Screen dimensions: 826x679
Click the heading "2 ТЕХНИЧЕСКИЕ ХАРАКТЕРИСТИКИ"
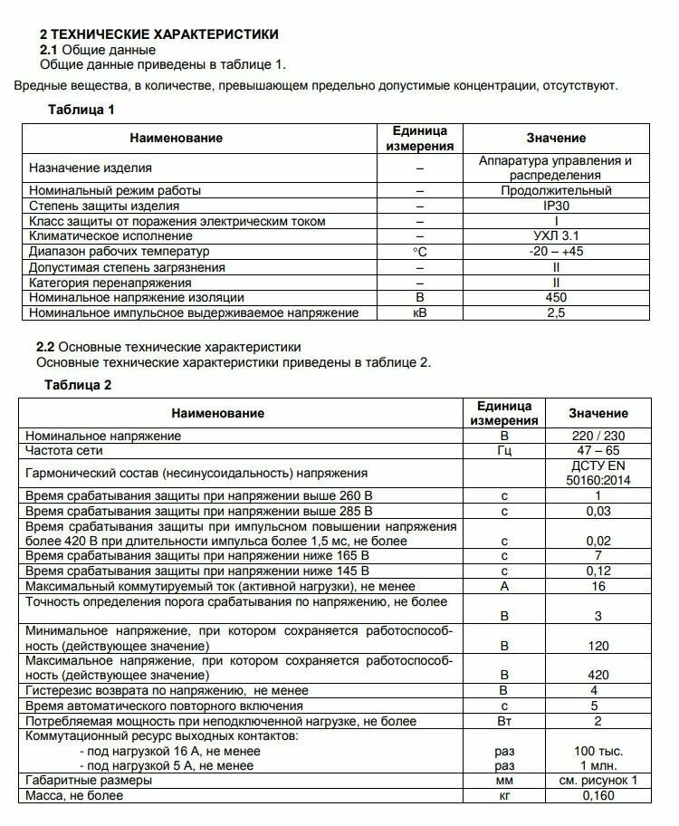click(158, 34)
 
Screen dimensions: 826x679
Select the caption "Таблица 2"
click(78, 385)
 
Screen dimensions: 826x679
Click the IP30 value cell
click(556, 206)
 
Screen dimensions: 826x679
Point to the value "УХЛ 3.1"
click(556, 236)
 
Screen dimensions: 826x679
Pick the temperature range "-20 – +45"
click(556, 252)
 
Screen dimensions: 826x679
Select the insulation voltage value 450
click(556, 297)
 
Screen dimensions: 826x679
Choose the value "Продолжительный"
click(556, 190)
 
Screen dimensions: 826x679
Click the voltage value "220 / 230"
click(598, 436)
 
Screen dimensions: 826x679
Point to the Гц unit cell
click(504, 450)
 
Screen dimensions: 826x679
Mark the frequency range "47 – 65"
click(598, 450)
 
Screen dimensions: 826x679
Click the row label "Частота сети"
click(64, 450)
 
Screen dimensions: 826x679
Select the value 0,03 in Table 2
click(598, 511)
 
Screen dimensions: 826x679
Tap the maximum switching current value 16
click(598, 586)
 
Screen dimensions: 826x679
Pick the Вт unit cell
click(504, 721)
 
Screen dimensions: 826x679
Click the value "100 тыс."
click(598, 751)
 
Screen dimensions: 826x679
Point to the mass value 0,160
click(598, 795)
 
